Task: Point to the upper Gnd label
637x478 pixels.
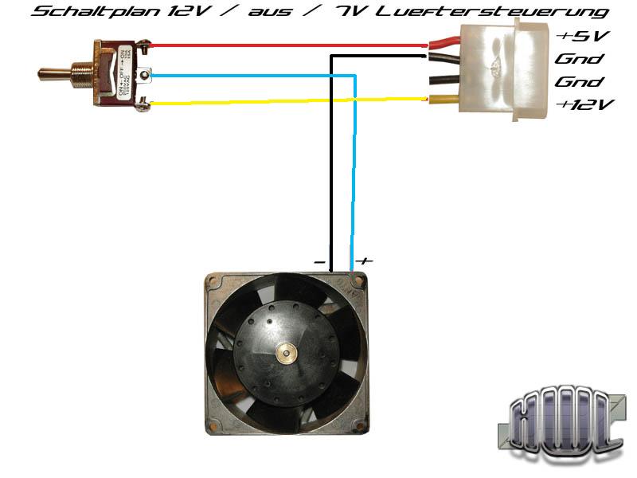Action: [x=579, y=59]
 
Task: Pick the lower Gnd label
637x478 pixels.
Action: [x=579, y=82]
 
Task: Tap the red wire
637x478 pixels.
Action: [x=287, y=46]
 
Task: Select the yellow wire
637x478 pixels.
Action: [x=287, y=101]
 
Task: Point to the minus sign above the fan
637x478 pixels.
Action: [x=319, y=261]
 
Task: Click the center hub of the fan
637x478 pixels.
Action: [x=283, y=351]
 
